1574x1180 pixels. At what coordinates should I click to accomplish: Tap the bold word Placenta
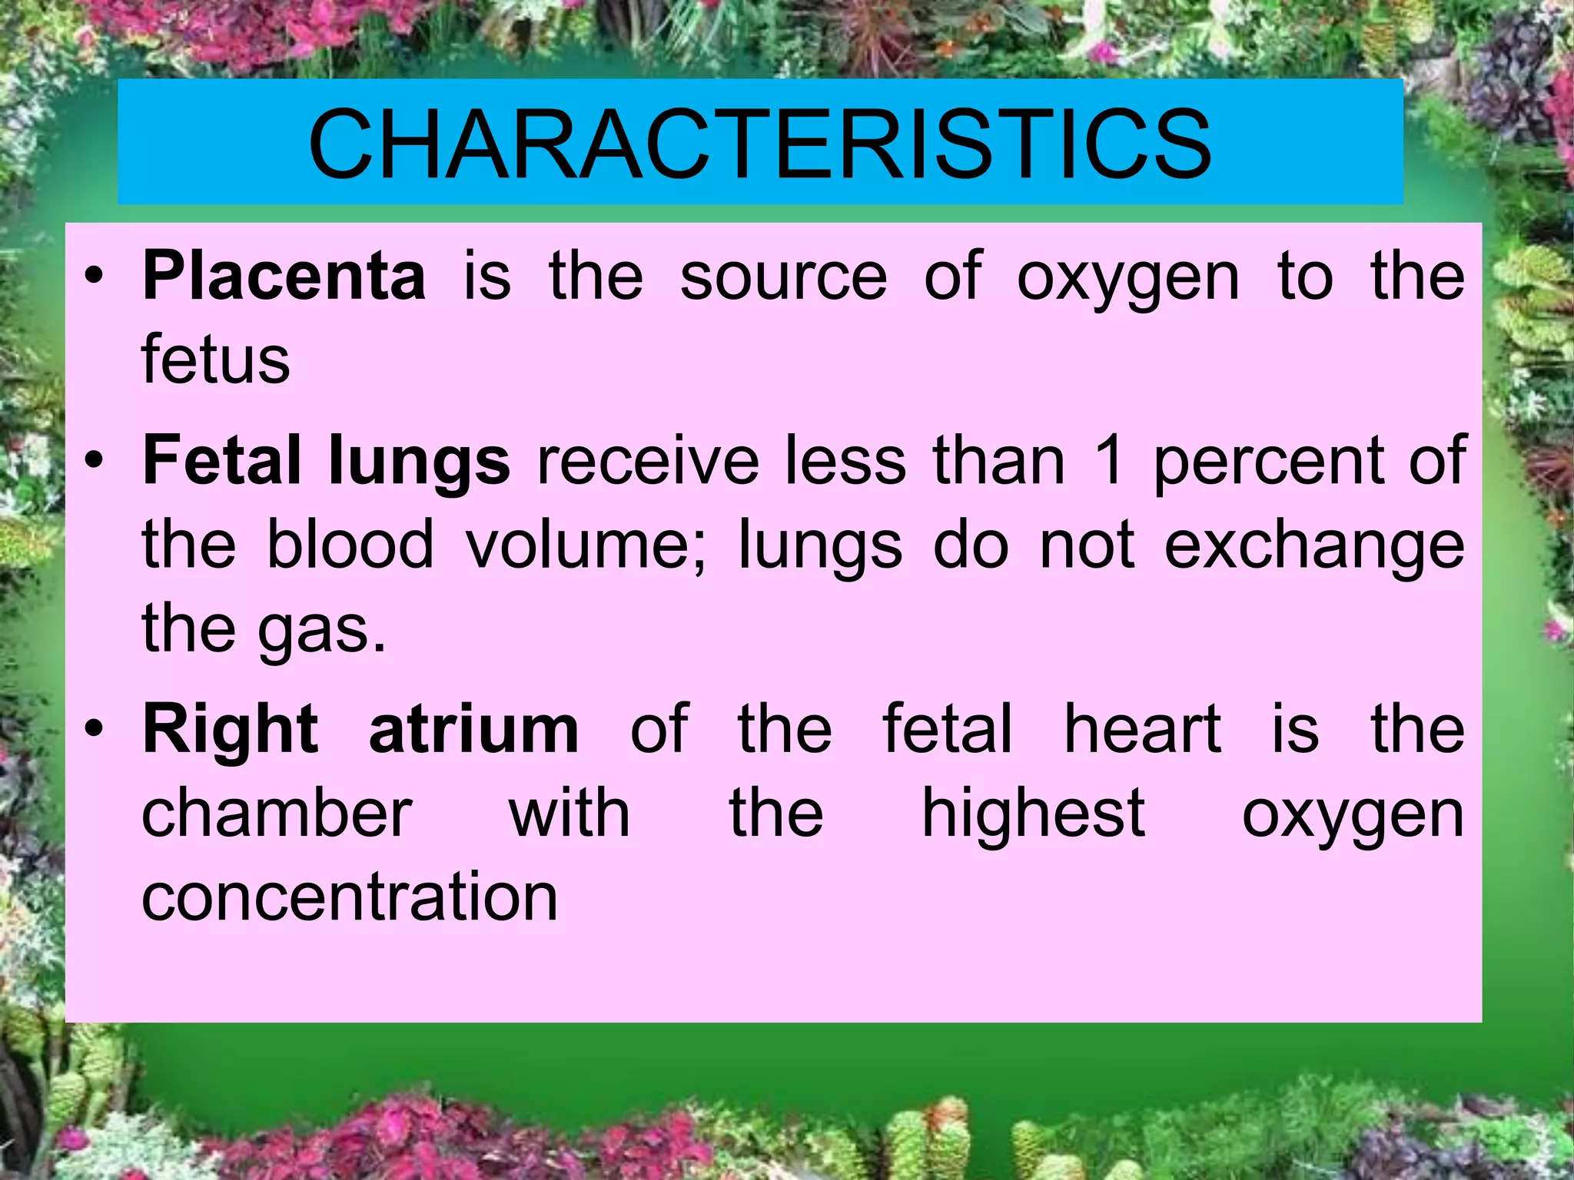click(284, 276)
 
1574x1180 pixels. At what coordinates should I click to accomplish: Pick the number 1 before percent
click(1109, 461)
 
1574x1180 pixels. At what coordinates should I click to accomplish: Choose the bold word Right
click(230, 730)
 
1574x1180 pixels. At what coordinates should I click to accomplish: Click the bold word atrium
click(473, 730)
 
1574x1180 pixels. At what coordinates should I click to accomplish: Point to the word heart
click(1142, 730)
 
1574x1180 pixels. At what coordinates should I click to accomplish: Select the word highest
click(1034, 814)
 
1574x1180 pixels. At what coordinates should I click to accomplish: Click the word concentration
click(350, 897)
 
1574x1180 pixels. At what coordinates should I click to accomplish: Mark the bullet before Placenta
click(94, 278)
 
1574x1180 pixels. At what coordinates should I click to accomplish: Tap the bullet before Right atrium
click(94, 731)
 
